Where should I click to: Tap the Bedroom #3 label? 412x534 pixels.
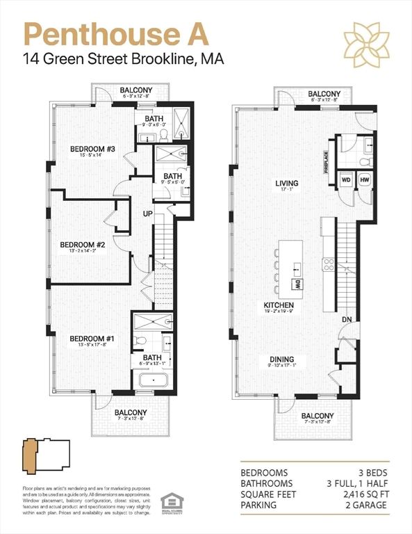(92, 148)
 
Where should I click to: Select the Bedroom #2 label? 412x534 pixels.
(82, 244)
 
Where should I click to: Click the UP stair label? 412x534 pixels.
(148, 213)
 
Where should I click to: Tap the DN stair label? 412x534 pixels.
(346, 319)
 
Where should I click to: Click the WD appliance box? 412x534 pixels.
(345, 179)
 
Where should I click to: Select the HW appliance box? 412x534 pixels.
(365, 179)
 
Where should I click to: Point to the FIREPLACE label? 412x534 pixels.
(324, 163)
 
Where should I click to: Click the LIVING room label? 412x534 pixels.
(286, 184)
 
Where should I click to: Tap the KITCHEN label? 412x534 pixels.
(279, 305)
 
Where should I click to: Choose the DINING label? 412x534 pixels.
(282, 359)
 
